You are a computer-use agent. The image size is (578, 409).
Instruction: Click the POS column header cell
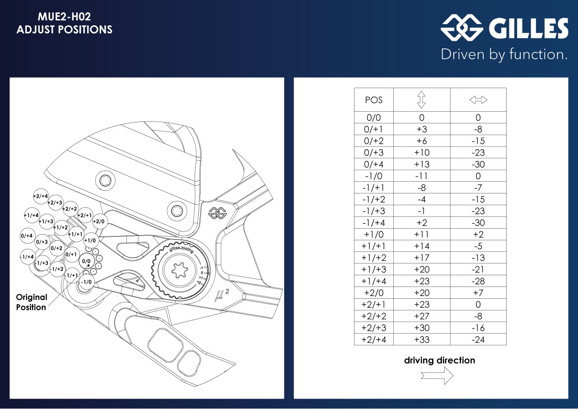[373, 100]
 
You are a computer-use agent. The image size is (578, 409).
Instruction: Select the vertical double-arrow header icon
[421, 100]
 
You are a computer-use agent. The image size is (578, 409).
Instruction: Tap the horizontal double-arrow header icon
[478, 100]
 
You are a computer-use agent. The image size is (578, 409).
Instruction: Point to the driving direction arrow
[437, 375]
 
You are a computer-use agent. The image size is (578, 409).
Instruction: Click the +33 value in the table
[422, 339]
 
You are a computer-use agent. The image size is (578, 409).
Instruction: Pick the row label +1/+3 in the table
[373, 269]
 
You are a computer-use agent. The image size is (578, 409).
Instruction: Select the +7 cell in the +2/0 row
[478, 293]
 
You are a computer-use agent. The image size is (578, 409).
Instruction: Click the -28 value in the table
[478, 281]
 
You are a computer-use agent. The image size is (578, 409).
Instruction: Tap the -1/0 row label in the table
[373, 176]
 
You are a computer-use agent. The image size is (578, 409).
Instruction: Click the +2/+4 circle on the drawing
[41, 196]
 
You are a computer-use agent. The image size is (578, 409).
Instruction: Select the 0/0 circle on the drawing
[86, 262]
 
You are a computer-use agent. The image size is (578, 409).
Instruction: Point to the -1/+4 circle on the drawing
[27, 257]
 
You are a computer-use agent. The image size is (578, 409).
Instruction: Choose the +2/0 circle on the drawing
[99, 221]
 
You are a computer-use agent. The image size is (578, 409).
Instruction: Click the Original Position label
[31, 302]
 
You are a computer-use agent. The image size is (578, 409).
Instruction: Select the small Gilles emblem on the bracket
[217, 213]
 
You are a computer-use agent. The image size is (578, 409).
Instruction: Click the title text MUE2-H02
[65, 18]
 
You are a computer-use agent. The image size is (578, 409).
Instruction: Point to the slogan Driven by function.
[504, 55]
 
